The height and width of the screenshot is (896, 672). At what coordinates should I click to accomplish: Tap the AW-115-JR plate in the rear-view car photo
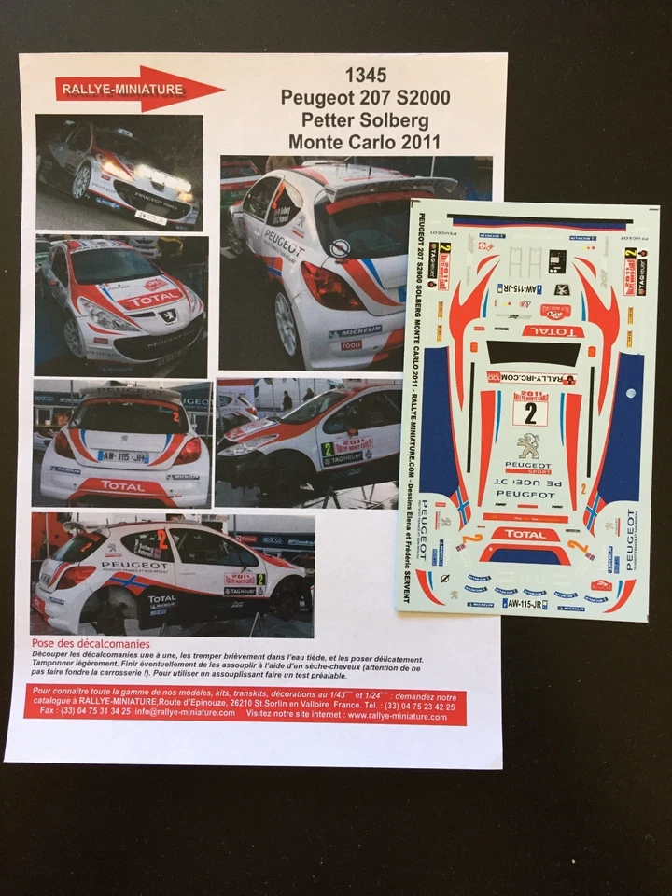pyautogui.click(x=123, y=457)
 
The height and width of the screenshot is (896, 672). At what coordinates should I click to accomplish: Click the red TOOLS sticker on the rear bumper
pyautogui.click(x=351, y=344)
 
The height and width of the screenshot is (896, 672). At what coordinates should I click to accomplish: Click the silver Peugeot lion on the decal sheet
pyautogui.click(x=529, y=447)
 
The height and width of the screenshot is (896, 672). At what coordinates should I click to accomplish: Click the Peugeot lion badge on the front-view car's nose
pyautogui.click(x=143, y=315)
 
